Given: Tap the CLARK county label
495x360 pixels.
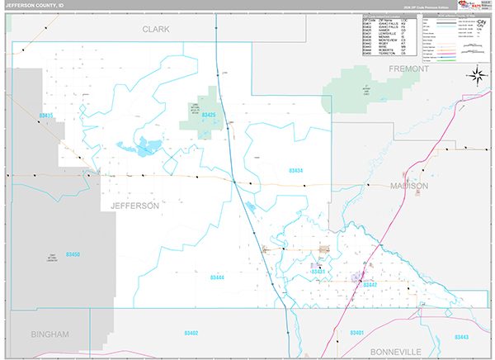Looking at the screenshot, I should tap(155, 29).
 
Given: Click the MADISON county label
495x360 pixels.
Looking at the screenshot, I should tap(409, 187).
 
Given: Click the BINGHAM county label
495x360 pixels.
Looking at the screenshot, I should tap(49, 334).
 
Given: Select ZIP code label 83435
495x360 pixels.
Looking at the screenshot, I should tap(45, 116).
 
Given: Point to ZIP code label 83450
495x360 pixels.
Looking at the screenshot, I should tap(73, 255).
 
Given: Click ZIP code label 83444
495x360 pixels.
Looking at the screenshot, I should tap(216, 277).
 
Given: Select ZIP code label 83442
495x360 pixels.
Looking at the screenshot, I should tap(369, 284).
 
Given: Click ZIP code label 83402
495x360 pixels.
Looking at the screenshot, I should tap(191, 332).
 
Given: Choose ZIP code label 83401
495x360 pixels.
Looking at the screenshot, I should tap(357, 332).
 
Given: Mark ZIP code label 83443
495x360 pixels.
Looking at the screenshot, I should tap(460, 337).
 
